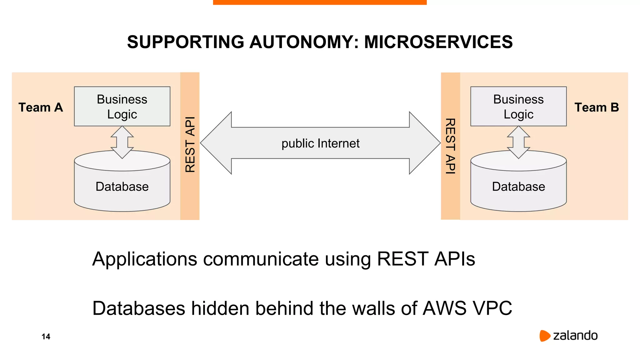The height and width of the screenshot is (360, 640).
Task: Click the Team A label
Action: [x=41, y=107]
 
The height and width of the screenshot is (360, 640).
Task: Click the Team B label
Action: [x=597, y=107]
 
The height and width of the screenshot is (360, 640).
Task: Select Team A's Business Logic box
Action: [x=122, y=106]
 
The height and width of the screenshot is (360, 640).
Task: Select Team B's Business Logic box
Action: [x=518, y=106]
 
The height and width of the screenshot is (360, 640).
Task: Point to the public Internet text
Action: [x=320, y=143]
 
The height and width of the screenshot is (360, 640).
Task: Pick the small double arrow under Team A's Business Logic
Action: [x=122, y=142]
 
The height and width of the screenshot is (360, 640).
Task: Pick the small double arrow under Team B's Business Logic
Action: [x=518, y=142]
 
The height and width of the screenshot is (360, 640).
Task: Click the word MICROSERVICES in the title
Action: [x=438, y=42]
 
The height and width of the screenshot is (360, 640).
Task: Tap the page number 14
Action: [x=46, y=337]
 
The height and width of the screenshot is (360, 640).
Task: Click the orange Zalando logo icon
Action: [x=545, y=336]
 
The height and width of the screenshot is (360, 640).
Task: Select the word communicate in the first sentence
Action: [x=261, y=259]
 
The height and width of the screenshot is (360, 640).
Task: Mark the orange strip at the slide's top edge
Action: [x=320, y=2]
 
